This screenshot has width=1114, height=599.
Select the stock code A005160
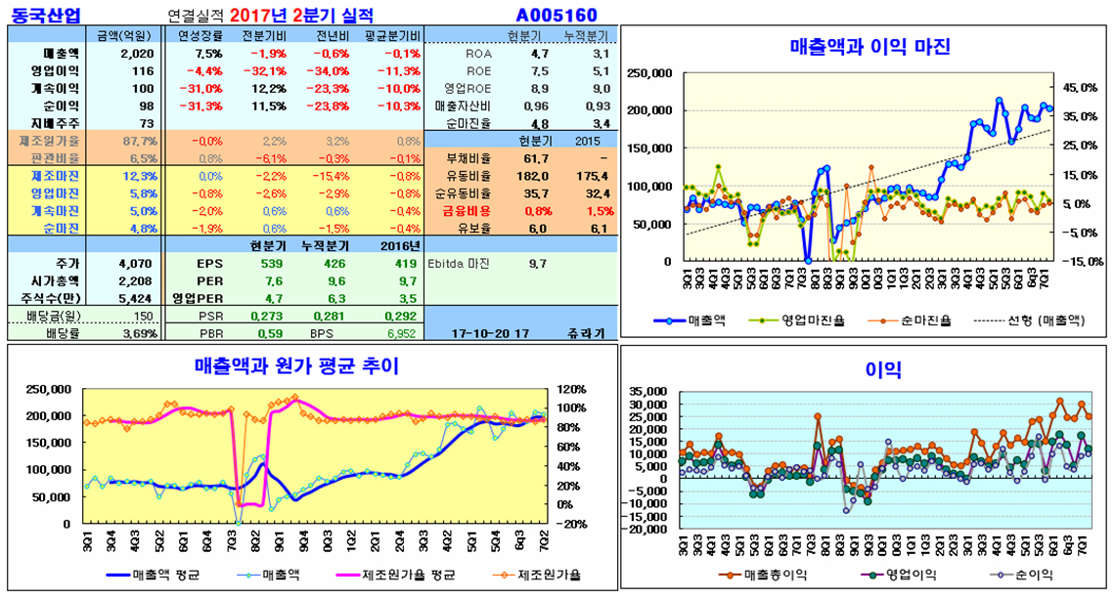click(x=557, y=15)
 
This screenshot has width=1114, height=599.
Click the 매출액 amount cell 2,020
click(x=137, y=53)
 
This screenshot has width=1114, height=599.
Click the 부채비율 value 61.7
click(x=536, y=158)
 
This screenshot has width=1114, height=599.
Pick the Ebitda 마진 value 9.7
click(x=537, y=263)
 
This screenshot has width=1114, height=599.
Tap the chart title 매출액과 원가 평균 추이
click(x=296, y=365)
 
